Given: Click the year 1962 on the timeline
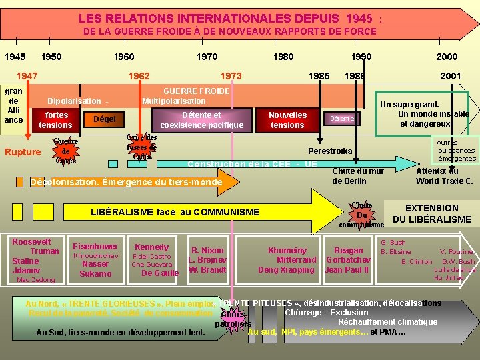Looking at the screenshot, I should [139, 76].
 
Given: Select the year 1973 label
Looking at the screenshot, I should [231, 76].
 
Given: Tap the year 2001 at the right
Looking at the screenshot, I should [450, 76].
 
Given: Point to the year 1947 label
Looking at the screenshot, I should [27, 76].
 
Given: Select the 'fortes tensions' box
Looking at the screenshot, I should [55, 120].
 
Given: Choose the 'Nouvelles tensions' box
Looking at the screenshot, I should [287, 120].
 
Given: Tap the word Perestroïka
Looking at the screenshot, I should [330, 151].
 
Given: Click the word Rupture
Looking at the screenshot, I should [23, 152].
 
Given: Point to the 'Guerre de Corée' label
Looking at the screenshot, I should [66, 151].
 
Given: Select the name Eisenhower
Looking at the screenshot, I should [95, 246].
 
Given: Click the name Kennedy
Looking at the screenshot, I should [151, 246].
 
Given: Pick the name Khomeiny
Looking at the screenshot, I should [287, 251].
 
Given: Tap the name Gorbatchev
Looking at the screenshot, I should [345, 260].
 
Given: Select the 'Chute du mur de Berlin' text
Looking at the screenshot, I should [357, 176].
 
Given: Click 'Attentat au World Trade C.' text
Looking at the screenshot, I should [444, 176].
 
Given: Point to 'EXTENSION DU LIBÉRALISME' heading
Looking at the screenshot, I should [431, 213].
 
